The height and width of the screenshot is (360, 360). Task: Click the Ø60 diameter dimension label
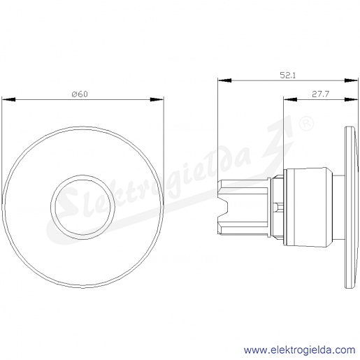[80, 94]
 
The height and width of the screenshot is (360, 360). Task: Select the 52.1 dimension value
[287, 75]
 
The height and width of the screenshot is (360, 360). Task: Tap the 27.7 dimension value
[320, 94]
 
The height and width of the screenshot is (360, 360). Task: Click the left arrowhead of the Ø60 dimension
[8, 99]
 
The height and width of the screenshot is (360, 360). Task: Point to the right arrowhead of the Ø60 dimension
[157, 99]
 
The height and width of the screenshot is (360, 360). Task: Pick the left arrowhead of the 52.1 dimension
[224, 80]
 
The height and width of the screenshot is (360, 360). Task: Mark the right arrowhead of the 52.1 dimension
[351, 80]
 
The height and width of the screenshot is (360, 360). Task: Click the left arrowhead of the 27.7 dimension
[290, 99]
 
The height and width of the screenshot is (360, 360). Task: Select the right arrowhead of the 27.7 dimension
[351, 99]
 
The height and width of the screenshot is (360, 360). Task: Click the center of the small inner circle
[82, 207]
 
